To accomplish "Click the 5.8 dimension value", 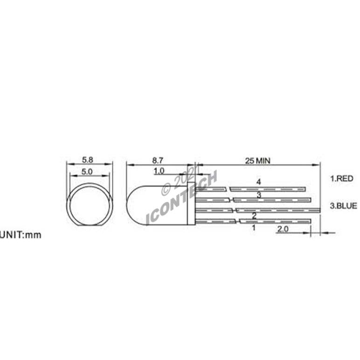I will [x=87, y=159].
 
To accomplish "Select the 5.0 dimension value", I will [x=87, y=172].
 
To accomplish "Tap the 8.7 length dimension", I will [x=158, y=159].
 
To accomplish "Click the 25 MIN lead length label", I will [x=257, y=160].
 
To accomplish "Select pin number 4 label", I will [x=258, y=181].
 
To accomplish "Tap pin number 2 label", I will [x=254, y=215].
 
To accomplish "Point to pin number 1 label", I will [x=254, y=228].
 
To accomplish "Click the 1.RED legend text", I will [x=342, y=178].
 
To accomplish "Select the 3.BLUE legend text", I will [x=343, y=205].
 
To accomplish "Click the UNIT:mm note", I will [x=21, y=235].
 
